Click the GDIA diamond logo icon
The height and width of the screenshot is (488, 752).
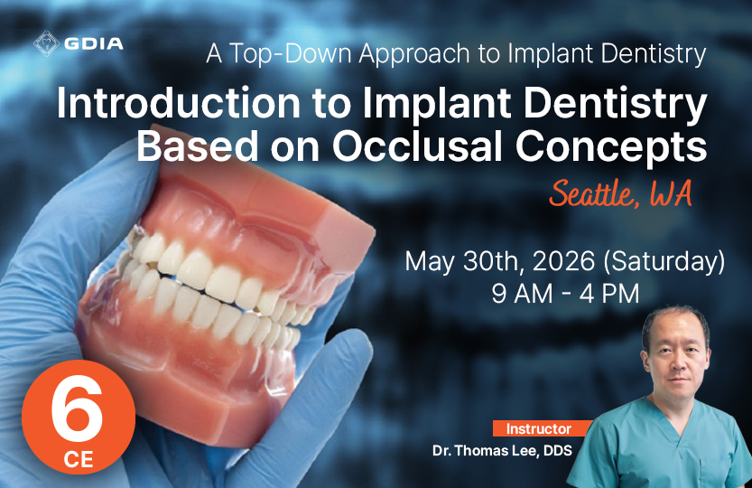(x=47, y=43)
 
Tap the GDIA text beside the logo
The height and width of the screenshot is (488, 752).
(x=94, y=43)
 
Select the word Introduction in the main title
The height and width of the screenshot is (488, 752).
(x=179, y=103)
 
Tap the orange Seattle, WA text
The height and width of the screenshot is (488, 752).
(x=620, y=193)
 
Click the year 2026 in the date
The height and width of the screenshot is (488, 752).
(x=563, y=261)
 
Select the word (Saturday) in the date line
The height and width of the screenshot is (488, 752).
(x=664, y=262)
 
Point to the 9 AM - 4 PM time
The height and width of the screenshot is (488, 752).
(x=565, y=294)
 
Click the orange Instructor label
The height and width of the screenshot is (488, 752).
(x=539, y=428)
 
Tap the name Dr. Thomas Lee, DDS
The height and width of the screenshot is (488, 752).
(x=502, y=451)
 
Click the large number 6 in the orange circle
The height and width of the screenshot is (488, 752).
(x=77, y=408)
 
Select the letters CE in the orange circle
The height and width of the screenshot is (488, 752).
(x=79, y=459)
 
